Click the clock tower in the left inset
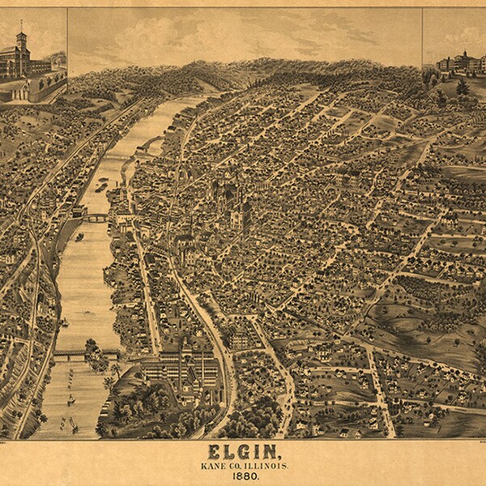pyautogui.click(x=22, y=40)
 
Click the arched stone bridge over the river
pyautogui.click(x=96, y=217)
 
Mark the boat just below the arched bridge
pyautogui.click(x=79, y=237)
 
